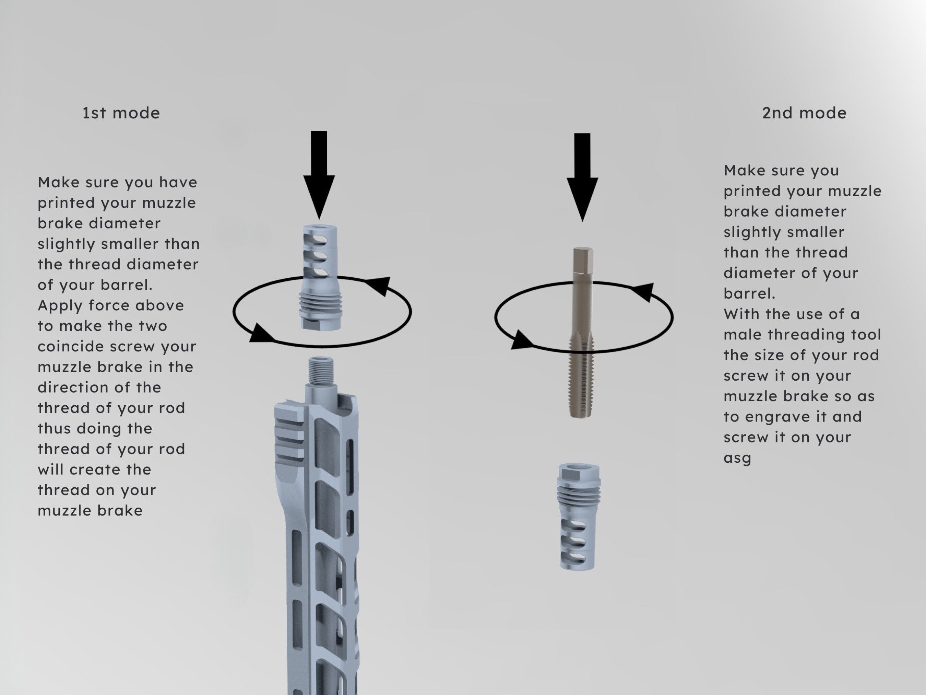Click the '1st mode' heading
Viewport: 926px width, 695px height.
pos(121,113)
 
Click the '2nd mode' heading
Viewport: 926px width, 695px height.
pos(804,113)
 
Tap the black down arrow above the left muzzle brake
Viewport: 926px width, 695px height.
pos(319,175)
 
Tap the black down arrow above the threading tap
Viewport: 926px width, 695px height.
pos(582,178)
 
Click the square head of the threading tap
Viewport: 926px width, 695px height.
pos(582,260)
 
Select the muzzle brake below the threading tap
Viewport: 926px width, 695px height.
pos(579,517)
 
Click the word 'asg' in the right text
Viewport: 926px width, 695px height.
pos(737,458)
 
